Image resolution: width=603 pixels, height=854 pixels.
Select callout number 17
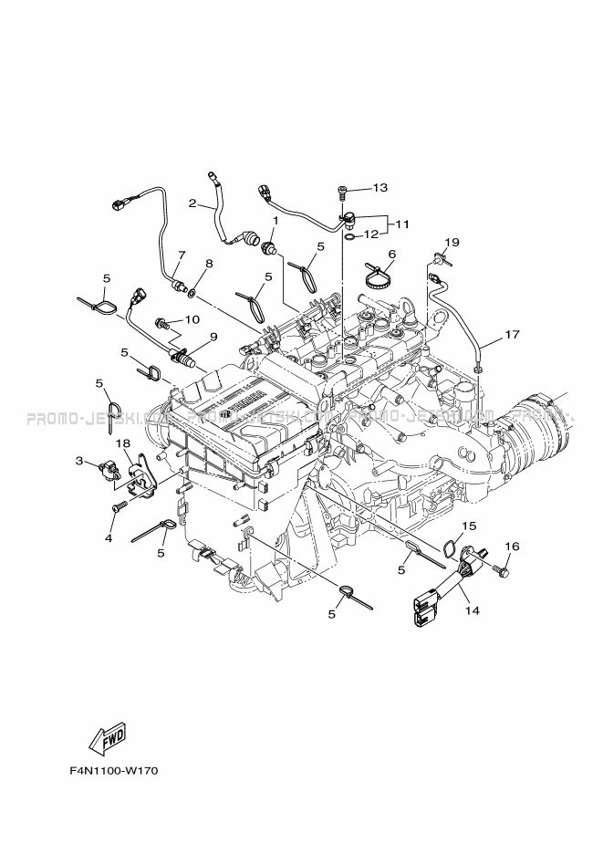pyautogui.click(x=512, y=335)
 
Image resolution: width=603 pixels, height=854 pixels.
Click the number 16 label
pyautogui.click(x=512, y=547)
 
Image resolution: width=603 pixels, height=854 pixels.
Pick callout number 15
pyautogui.click(x=469, y=526)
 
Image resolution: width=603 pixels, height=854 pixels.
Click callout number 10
pyautogui.click(x=192, y=319)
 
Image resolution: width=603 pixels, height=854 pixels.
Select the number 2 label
pyautogui.click(x=192, y=203)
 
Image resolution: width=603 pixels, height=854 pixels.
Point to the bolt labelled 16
pyautogui.click(x=499, y=570)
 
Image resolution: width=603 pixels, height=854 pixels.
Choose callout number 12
pyautogui.click(x=371, y=234)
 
